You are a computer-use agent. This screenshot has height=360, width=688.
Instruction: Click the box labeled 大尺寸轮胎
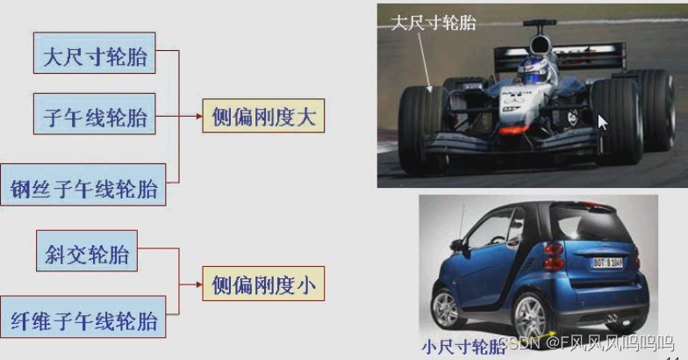[96, 58]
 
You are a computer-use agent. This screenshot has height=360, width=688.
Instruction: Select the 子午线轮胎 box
[96, 117]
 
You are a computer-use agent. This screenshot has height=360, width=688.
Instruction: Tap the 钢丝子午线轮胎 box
[84, 188]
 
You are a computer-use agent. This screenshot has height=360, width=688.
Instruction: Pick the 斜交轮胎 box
[87, 255]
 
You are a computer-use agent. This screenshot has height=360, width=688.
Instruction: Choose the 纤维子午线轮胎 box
[84, 320]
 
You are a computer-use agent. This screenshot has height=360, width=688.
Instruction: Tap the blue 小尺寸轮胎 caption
[463, 345]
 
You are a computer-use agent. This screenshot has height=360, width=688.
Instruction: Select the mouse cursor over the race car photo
[602, 121]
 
